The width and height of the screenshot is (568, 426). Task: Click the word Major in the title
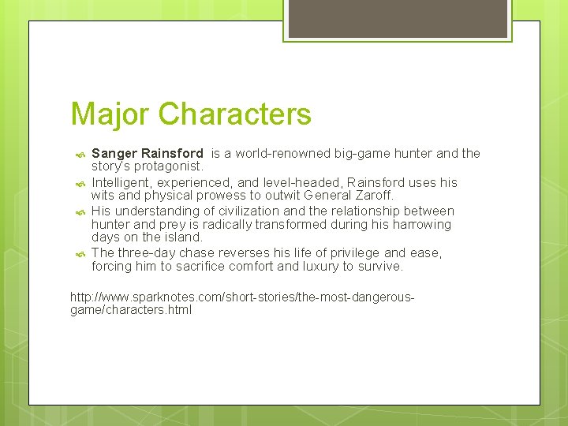(110, 114)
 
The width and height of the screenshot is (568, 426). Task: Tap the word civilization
(241, 211)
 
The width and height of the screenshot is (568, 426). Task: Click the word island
(183, 237)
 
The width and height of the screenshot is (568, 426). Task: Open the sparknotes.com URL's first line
(242, 297)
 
